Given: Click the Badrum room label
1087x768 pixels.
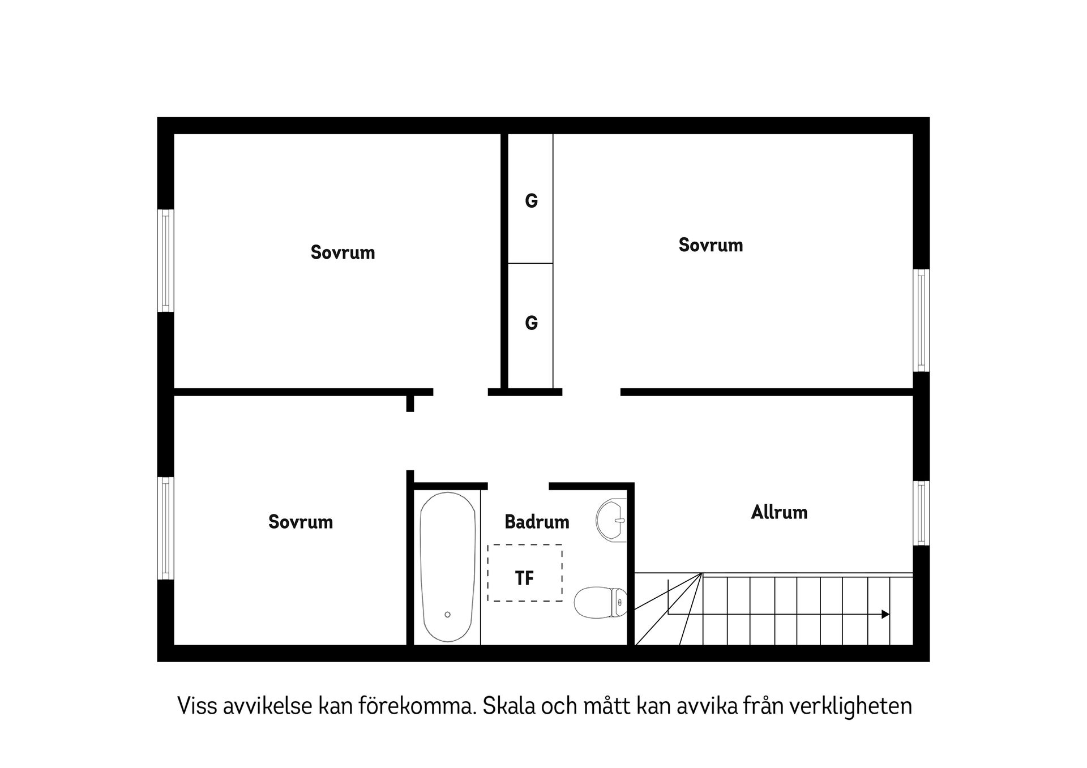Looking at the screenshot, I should (x=537, y=522).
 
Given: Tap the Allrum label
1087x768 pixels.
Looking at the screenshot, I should (x=779, y=512).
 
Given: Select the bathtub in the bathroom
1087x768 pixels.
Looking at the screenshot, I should (x=447, y=567).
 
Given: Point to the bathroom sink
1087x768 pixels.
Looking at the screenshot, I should (x=611, y=520).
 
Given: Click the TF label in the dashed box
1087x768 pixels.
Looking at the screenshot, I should (x=525, y=578).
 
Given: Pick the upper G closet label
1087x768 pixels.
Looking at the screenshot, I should (x=531, y=201).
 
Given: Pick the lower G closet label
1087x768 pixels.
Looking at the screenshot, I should (x=531, y=323).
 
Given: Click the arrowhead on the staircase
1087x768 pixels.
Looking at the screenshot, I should (x=885, y=614).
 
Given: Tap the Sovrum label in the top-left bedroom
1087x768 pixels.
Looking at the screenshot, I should (x=343, y=252).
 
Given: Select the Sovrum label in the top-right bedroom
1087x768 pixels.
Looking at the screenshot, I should (x=711, y=245).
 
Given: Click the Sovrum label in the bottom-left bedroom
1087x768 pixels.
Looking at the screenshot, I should (x=301, y=522).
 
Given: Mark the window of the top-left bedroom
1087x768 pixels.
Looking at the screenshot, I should (x=165, y=260).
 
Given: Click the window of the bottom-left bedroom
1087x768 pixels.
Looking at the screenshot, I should (x=165, y=528).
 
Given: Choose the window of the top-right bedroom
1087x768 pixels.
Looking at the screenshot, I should (x=922, y=320).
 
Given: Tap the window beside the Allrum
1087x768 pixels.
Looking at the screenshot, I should (x=922, y=513).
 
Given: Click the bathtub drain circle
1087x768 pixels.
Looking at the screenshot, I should (x=447, y=614).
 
